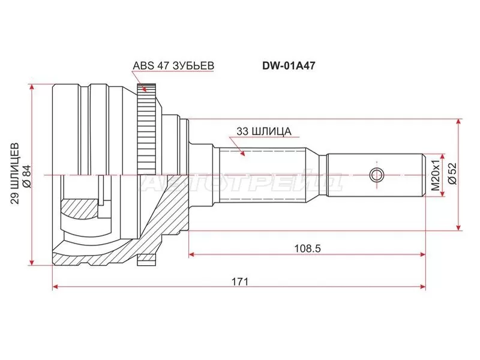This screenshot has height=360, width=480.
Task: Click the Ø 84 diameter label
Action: point(26,174)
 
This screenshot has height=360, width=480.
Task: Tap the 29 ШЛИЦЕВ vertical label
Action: point(15,174)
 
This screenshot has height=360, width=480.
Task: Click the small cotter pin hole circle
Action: point(376,175)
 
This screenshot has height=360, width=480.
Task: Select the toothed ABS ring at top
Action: point(146,120)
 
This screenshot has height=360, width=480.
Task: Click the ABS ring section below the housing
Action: point(146,259)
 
